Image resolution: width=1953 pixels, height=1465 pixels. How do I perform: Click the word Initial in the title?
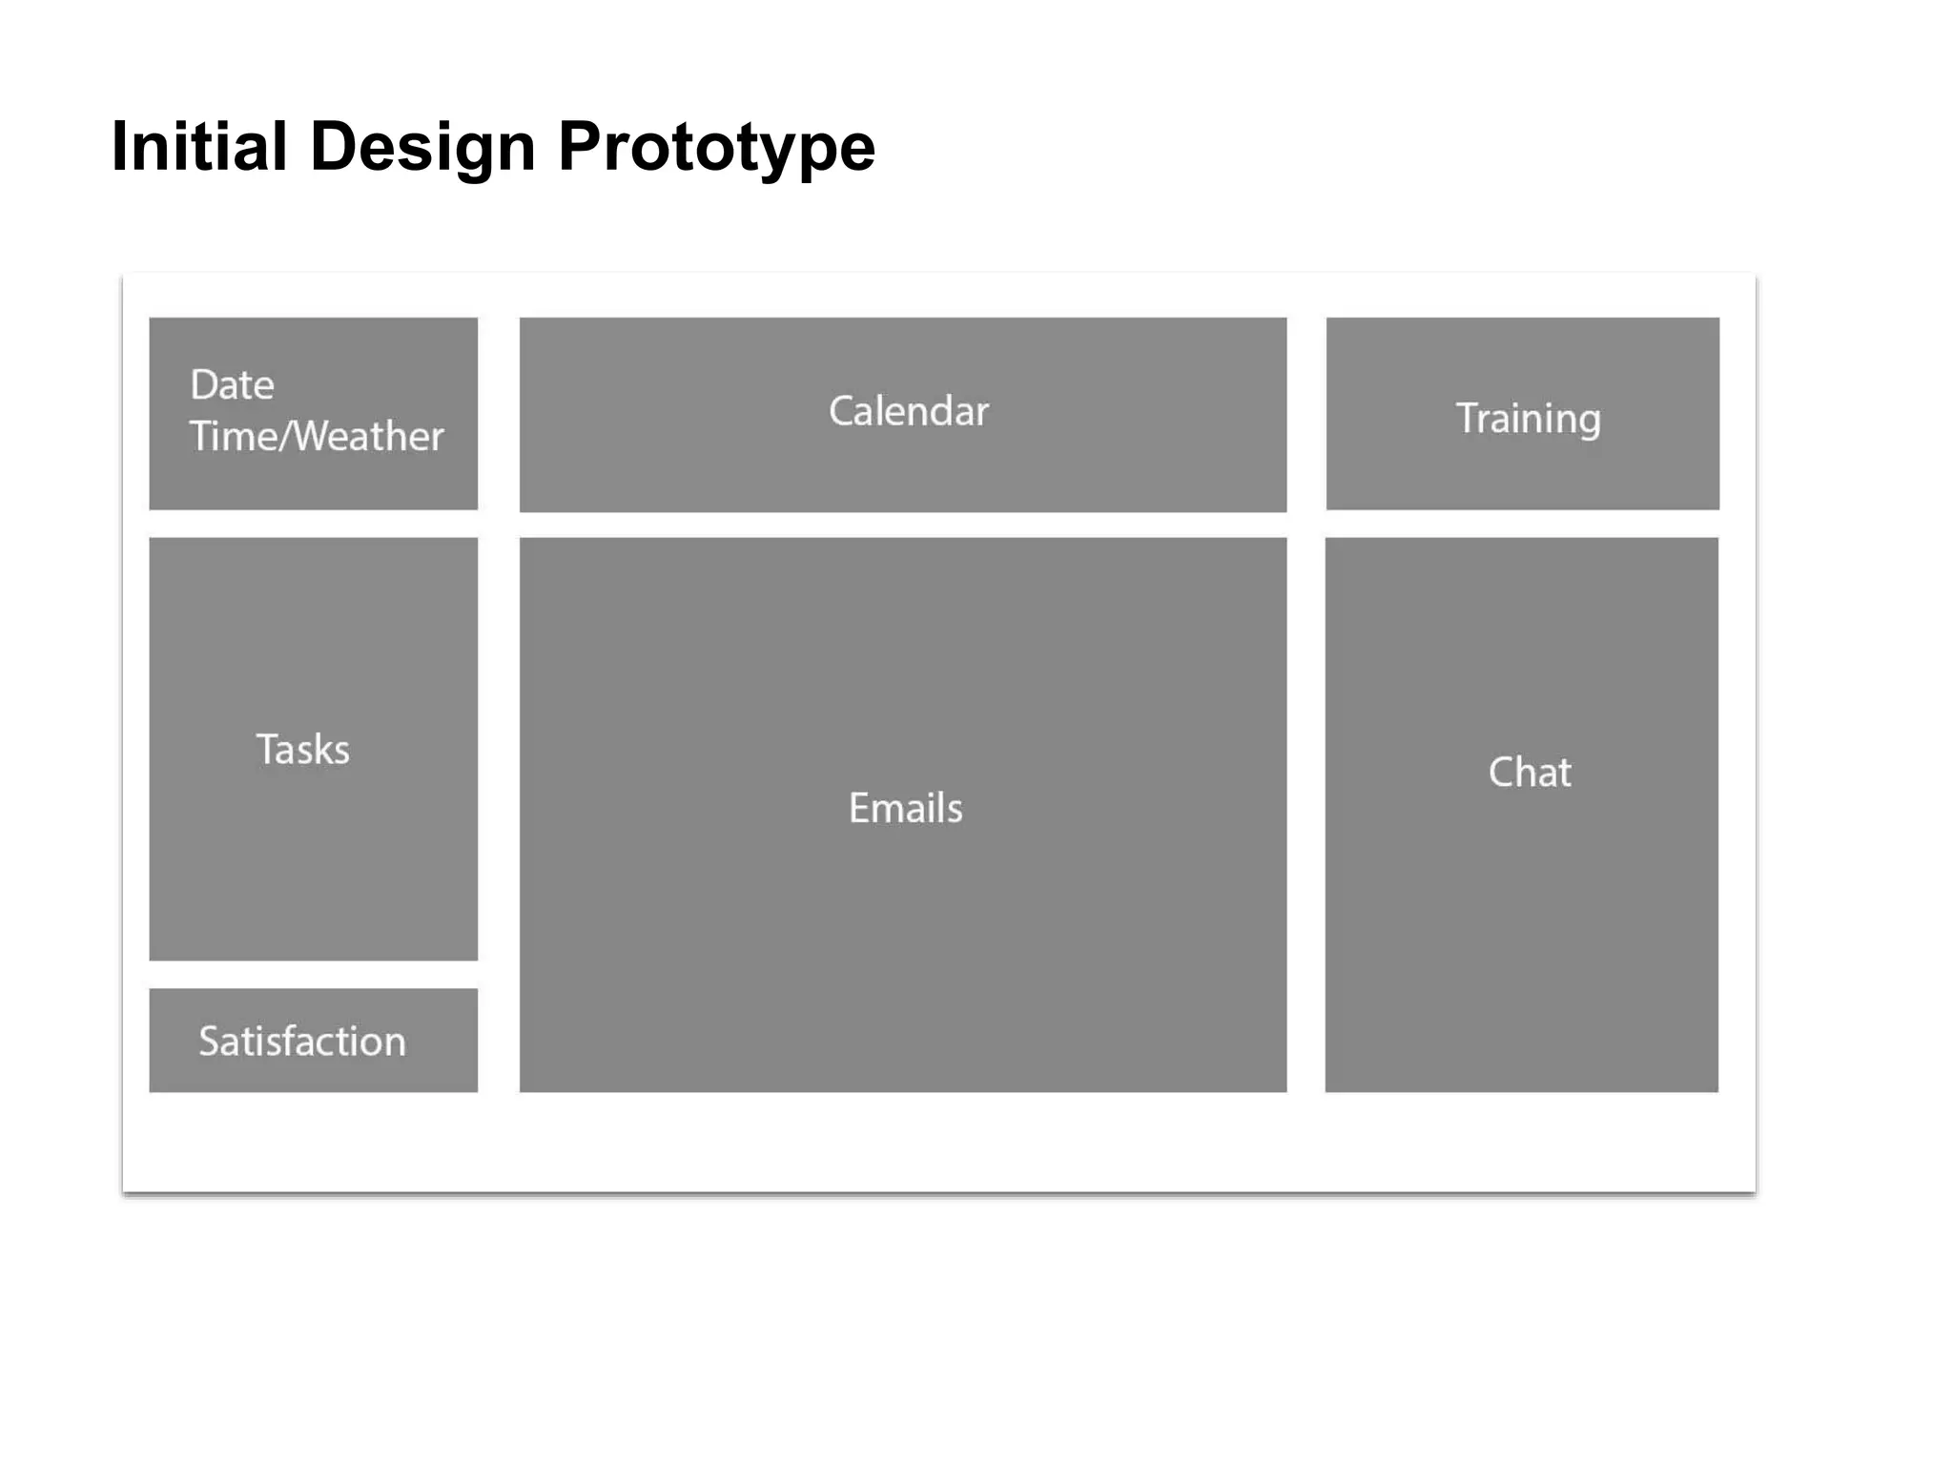[x=198, y=147]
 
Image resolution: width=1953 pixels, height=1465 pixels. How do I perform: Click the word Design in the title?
[x=422, y=147]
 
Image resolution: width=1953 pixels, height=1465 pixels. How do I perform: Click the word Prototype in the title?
[x=716, y=149]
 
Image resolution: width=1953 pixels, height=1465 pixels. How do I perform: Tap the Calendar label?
[x=908, y=411]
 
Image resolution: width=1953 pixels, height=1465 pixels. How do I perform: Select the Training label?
[x=1528, y=419]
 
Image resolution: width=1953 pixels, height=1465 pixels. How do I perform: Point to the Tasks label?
[x=302, y=750]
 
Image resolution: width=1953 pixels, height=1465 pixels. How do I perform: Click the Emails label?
[x=905, y=808]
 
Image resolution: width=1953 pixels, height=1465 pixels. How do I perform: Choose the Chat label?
[x=1530, y=772]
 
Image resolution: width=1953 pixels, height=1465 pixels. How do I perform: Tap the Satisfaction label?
[x=302, y=1041]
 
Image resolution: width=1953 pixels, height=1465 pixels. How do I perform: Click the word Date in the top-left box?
[x=232, y=385]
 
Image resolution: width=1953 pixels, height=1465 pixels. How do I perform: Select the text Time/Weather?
[x=316, y=436]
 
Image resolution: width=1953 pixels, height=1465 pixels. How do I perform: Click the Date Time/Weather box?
[x=313, y=477]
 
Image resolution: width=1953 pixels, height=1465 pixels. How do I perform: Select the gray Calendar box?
[x=902, y=467]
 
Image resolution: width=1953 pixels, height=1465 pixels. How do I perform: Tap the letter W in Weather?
[x=314, y=436]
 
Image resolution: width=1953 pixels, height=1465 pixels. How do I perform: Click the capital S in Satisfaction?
[x=209, y=1041]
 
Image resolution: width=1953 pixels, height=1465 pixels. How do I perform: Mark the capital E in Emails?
[x=859, y=808]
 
